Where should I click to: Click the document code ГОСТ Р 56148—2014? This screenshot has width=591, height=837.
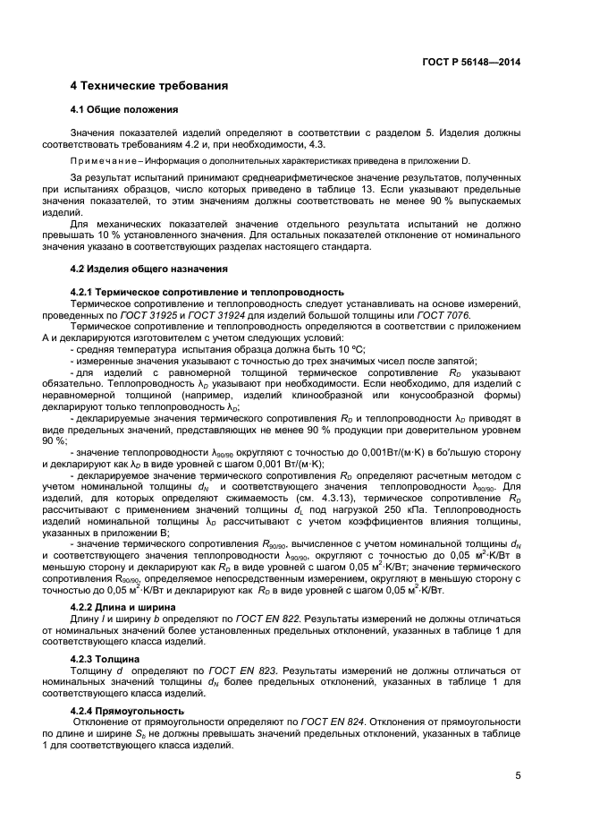(471, 62)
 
